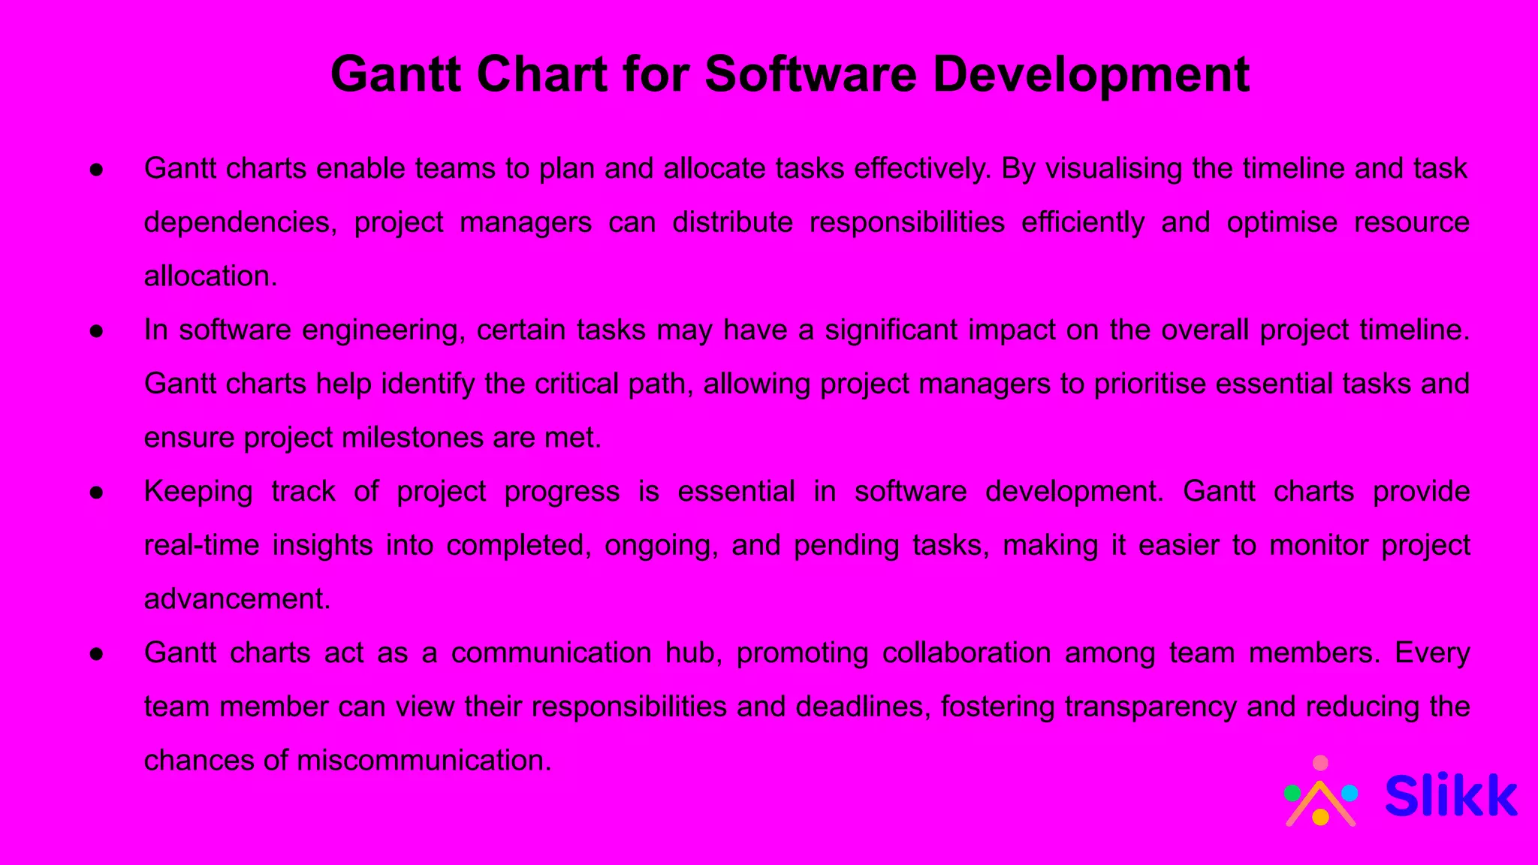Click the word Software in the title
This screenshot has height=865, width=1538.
click(x=810, y=75)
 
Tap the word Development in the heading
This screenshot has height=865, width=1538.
click(x=1091, y=75)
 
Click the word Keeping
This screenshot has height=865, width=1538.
click(x=198, y=492)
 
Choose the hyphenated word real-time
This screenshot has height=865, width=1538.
click(x=201, y=545)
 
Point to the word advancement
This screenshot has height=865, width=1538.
click(x=237, y=599)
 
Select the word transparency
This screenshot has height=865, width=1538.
click(x=1150, y=707)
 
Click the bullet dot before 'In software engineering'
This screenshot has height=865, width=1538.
click(x=96, y=331)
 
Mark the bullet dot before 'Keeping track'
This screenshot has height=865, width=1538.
click(x=96, y=493)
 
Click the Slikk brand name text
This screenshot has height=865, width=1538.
click(x=1450, y=796)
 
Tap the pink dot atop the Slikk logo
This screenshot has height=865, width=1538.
click(x=1320, y=764)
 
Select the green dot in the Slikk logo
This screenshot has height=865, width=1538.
click(x=1292, y=793)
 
